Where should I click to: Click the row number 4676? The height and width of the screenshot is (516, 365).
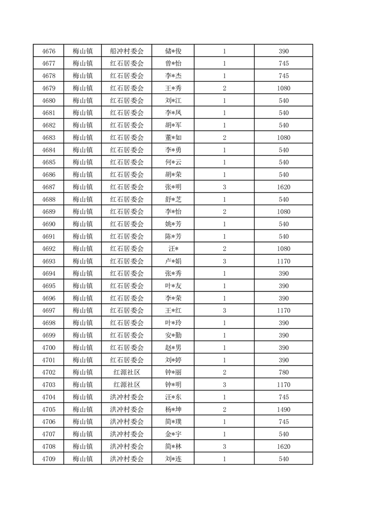[48, 51]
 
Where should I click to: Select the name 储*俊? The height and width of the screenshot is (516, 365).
[173, 51]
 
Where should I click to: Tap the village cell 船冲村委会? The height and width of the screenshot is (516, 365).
[127, 51]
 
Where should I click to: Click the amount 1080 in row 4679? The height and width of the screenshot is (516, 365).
[284, 88]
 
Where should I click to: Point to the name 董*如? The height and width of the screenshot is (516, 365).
[173, 138]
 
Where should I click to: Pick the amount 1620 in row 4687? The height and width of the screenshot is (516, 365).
[284, 187]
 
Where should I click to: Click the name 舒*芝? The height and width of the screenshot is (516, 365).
[173, 200]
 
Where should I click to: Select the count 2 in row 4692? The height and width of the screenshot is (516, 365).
[224, 249]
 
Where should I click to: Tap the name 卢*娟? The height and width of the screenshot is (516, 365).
[173, 261]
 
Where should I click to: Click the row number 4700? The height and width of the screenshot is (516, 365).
[48, 348]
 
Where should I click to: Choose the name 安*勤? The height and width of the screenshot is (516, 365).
[173, 335]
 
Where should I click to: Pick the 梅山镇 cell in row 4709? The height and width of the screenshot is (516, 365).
[83, 459]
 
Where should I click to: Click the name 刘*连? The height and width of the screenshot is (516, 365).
[173, 459]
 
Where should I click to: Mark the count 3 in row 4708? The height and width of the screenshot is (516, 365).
[224, 447]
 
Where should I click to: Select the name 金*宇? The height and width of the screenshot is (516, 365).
[173, 434]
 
